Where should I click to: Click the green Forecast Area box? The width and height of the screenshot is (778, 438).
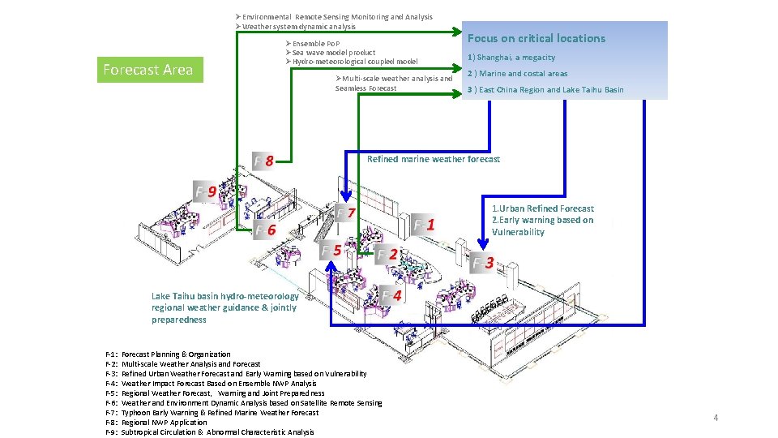pyautogui.click(x=148, y=70)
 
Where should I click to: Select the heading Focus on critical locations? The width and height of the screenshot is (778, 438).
pyautogui.click(x=536, y=38)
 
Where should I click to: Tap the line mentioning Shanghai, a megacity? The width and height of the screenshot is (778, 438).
pyautogui.click(x=516, y=58)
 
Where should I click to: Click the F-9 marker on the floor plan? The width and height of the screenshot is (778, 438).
pyautogui.click(x=205, y=192)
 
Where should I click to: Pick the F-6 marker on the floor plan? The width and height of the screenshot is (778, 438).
pyautogui.click(x=265, y=230)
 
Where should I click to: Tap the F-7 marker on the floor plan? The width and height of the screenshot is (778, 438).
pyautogui.click(x=346, y=213)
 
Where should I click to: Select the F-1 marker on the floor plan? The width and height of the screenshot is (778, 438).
pyautogui.click(x=425, y=225)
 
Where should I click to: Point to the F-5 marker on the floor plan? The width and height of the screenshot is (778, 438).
pyautogui.click(x=330, y=251)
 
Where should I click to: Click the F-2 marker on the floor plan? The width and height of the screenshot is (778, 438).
pyautogui.click(x=387, y=255)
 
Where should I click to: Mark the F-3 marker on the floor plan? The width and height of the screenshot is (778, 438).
pyautogui.click(x=483, y=263)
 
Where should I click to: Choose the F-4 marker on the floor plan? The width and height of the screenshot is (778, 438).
pyautogui.click(x=391, y=295)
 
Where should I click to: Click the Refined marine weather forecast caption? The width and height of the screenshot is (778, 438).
pyautogui.click(x=434, y=159)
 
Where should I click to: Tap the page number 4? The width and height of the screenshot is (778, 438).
pyautogui.click(x=716, y=418)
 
